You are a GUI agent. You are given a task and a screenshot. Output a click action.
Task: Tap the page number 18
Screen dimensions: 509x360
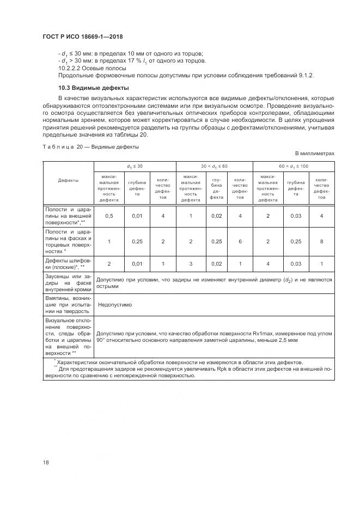click(x=46, y=462)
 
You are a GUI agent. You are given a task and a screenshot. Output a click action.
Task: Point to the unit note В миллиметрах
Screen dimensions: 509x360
click(x=314, y=154)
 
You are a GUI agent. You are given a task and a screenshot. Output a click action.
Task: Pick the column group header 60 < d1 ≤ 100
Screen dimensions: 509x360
click(x=294, y=165)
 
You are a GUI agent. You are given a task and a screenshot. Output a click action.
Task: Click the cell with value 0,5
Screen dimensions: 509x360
click(x=109, y=216)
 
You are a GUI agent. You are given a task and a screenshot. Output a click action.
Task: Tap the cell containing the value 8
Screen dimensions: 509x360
click(x=322, y=241)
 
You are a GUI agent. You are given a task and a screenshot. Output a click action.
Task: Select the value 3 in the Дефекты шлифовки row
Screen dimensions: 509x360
click(x=191, y=264)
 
